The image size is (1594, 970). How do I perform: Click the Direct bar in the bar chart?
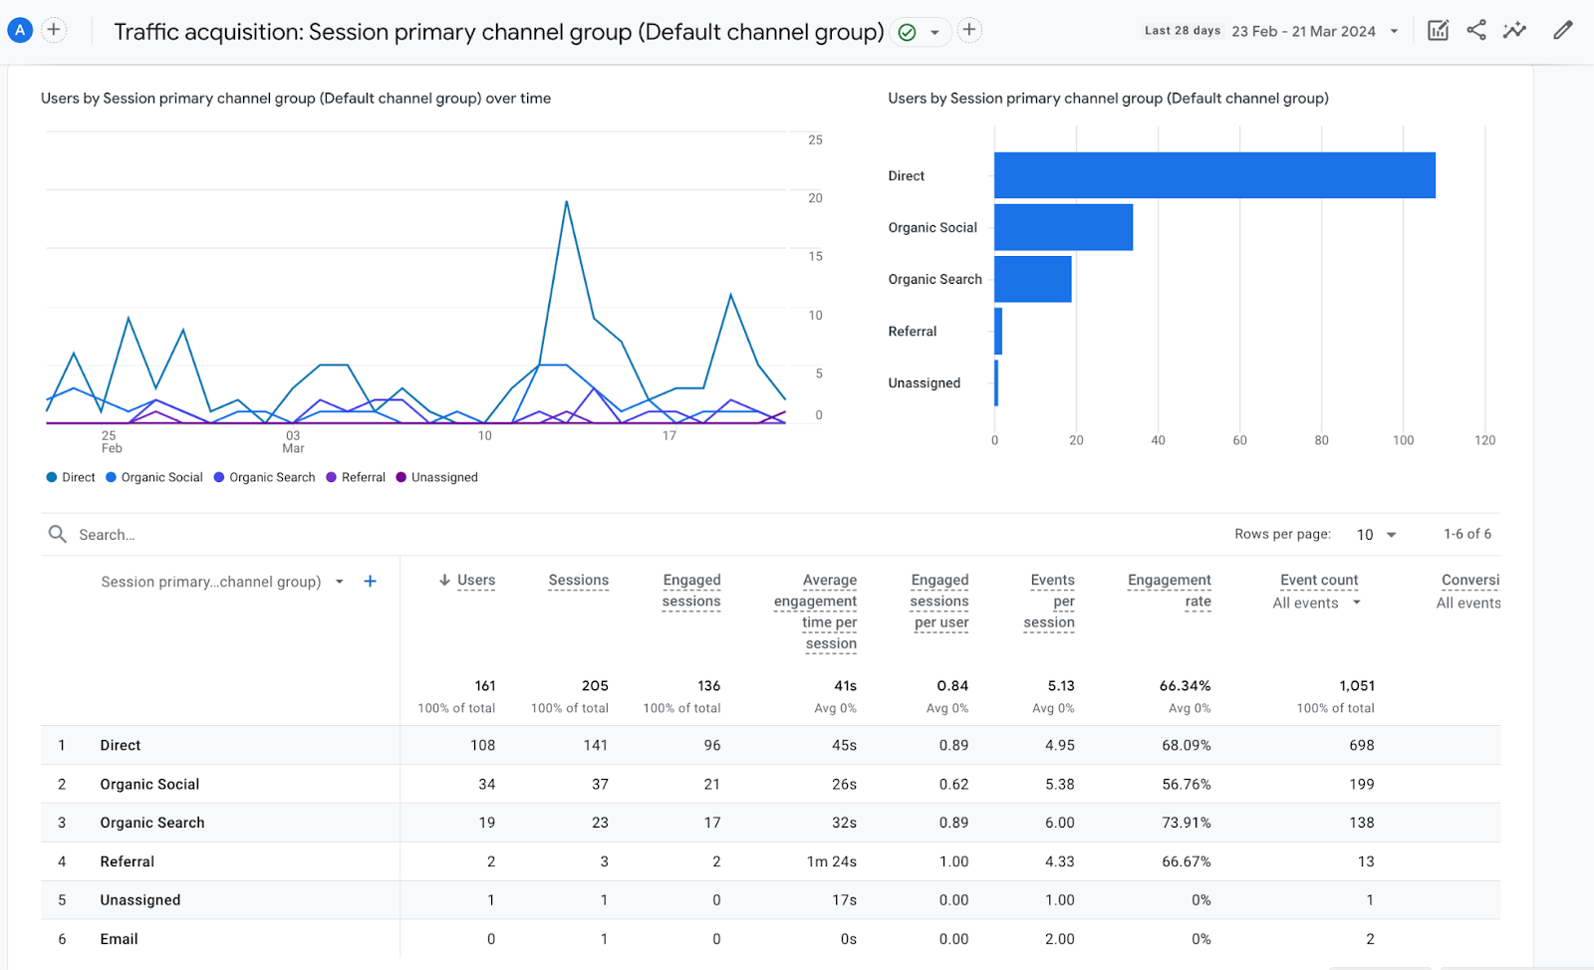1213,175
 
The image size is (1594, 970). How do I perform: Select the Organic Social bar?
1063,227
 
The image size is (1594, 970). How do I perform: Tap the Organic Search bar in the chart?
1032,279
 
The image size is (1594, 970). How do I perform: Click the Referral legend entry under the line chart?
356,477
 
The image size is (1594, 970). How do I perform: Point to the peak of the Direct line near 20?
566,202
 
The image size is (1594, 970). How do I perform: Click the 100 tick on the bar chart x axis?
1403,440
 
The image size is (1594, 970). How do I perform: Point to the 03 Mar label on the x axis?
293,441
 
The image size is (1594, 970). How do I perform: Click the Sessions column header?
578,580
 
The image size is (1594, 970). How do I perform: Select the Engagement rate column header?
1169,591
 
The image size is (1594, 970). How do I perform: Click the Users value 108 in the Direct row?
482,745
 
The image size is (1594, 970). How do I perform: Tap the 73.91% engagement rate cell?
1186,823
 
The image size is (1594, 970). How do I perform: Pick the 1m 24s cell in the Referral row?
831,861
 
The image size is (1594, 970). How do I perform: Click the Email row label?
119,939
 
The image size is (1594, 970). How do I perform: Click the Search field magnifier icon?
58,535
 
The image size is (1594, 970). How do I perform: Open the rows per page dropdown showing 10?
1377,535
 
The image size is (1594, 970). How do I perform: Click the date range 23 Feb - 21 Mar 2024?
1303,31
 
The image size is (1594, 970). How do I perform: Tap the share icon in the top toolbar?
1476,30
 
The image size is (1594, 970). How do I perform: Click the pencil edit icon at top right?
1562,30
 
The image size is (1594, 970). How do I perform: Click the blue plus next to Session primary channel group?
370,582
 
